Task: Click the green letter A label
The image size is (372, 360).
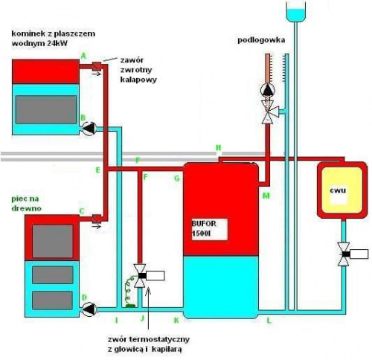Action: [x=83, y=56]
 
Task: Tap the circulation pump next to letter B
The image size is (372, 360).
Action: [x=89, y=128]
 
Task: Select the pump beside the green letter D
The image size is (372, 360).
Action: [x=89, y=309]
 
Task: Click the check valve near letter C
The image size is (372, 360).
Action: [x=97, y=219]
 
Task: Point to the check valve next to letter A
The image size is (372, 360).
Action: [x=97, y=66]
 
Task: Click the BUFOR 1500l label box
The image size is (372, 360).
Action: [x=210, y=229]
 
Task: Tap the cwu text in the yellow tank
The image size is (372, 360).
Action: [x=338, y=190]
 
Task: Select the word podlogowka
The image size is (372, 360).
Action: [x=261, y=40]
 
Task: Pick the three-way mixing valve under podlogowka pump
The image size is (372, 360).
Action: [x=269, y=112]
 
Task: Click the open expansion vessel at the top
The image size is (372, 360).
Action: [x=296, y=11]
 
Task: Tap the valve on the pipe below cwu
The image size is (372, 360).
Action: [x=352, y=254]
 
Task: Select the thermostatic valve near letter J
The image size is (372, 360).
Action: [x=148, y=276]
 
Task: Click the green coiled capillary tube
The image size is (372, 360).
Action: [x=129, y=290]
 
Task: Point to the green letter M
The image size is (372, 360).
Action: [x=266, y=196]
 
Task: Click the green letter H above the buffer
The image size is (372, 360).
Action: [x=219, y=148]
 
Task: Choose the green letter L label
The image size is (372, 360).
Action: [x=269, y=321]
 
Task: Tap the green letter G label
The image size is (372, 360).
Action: [x=177, y=179]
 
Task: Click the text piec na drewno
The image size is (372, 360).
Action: [x=26, y=203]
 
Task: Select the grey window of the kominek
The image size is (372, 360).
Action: [x=46, y=109]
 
